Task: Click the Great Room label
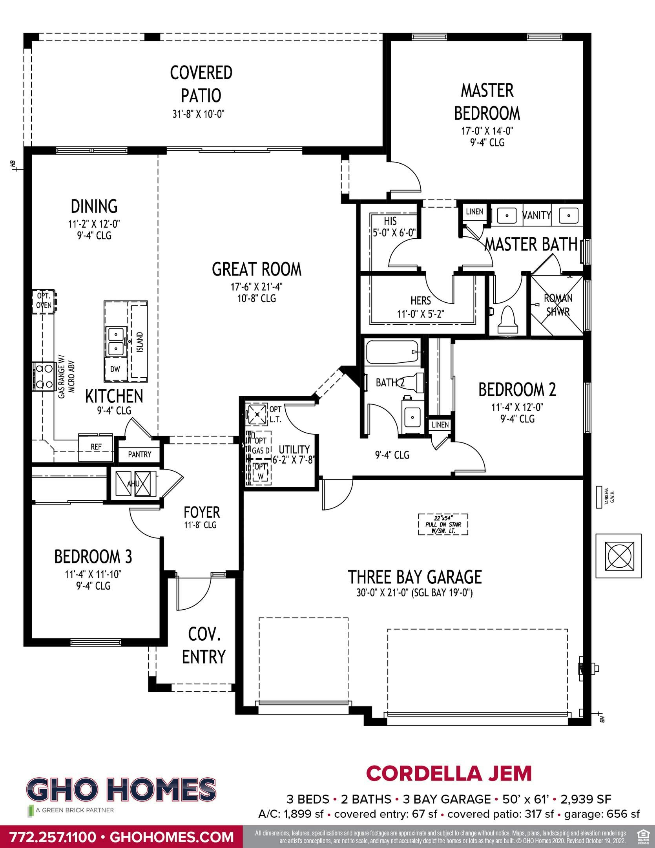click(257, 269)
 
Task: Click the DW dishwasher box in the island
click(115, 369)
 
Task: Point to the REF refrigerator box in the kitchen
click(96, 447)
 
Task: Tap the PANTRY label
click(139, 454)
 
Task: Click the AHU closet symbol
click(133, 484)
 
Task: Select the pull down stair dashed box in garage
click(443, 525)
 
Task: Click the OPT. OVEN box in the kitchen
click(44, 302)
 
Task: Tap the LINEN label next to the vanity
click(474, 212)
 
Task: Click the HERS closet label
click(421, 301)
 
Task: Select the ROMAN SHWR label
click(558, 305)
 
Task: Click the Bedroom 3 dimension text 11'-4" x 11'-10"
click(93, 574)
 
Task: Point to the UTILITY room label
click(294, 449)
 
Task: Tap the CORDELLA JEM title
click(449, 773)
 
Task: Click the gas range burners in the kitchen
click(44, 376)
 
